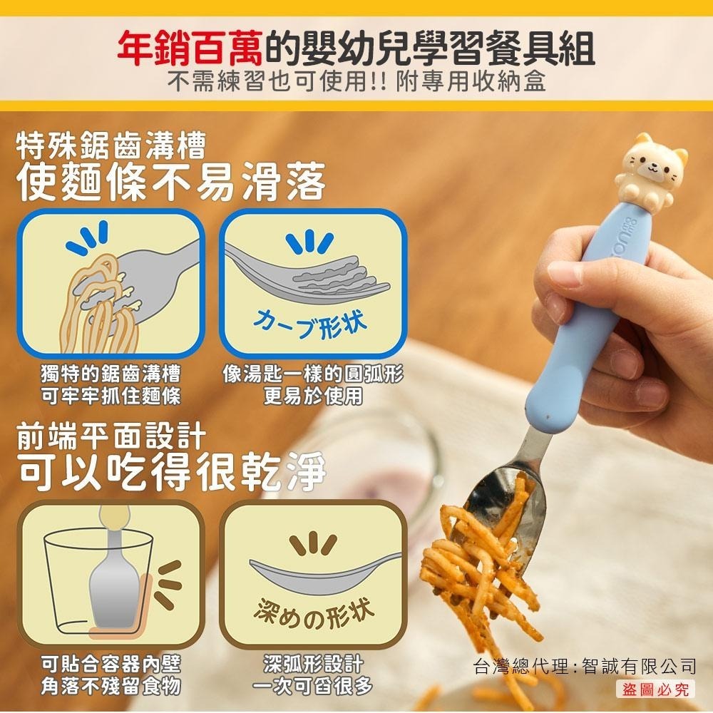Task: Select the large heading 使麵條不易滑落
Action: (x=171, y=181)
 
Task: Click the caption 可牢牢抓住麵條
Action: (x=111, y=396)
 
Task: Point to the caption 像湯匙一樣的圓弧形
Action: (x=313, y=374)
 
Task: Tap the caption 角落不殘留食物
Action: (x=111, y=687)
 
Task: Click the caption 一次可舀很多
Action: (x=313, y=687)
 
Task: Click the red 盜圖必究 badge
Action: (x=655, y=689)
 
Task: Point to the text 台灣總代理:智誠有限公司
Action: (x=585, y=667)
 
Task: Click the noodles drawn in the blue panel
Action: (x=100, y=299)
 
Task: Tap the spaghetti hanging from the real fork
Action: (x=485, y=570)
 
